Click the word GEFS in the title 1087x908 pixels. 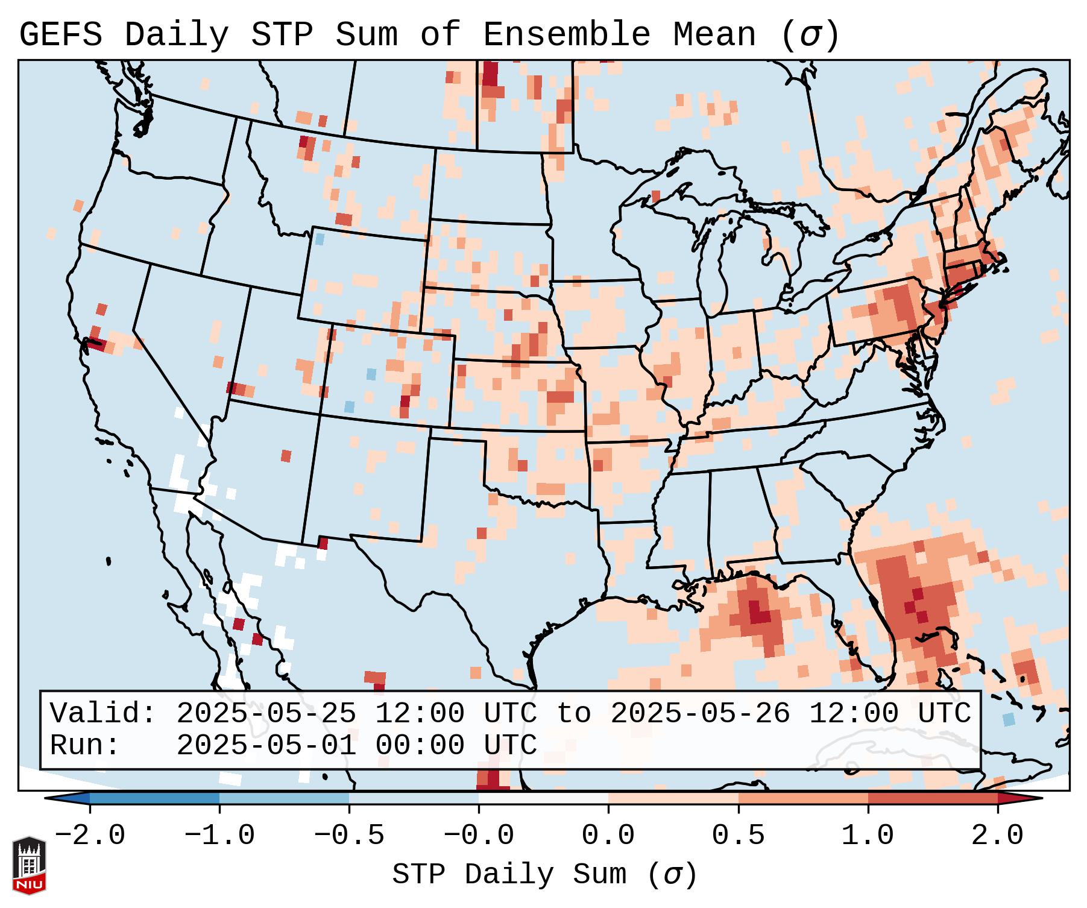coord(60,35)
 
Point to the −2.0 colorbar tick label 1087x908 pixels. coord(90,836)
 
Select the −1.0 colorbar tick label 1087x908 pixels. coord(219,836)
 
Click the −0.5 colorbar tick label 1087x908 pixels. coord(349,836)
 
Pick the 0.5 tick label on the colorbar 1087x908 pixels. coord(738,836)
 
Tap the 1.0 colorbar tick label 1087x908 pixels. coord(868,836)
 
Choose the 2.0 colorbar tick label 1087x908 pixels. coord(997,836)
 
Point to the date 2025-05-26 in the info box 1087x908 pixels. coord(700,714)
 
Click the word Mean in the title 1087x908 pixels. coord(714,35)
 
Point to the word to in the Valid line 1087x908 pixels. coord(573,714)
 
